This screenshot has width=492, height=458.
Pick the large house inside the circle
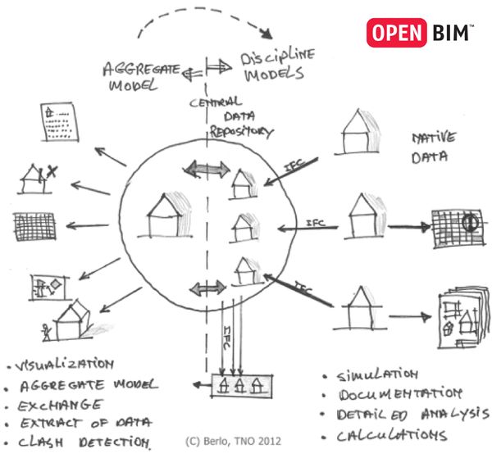tap(166, 215)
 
